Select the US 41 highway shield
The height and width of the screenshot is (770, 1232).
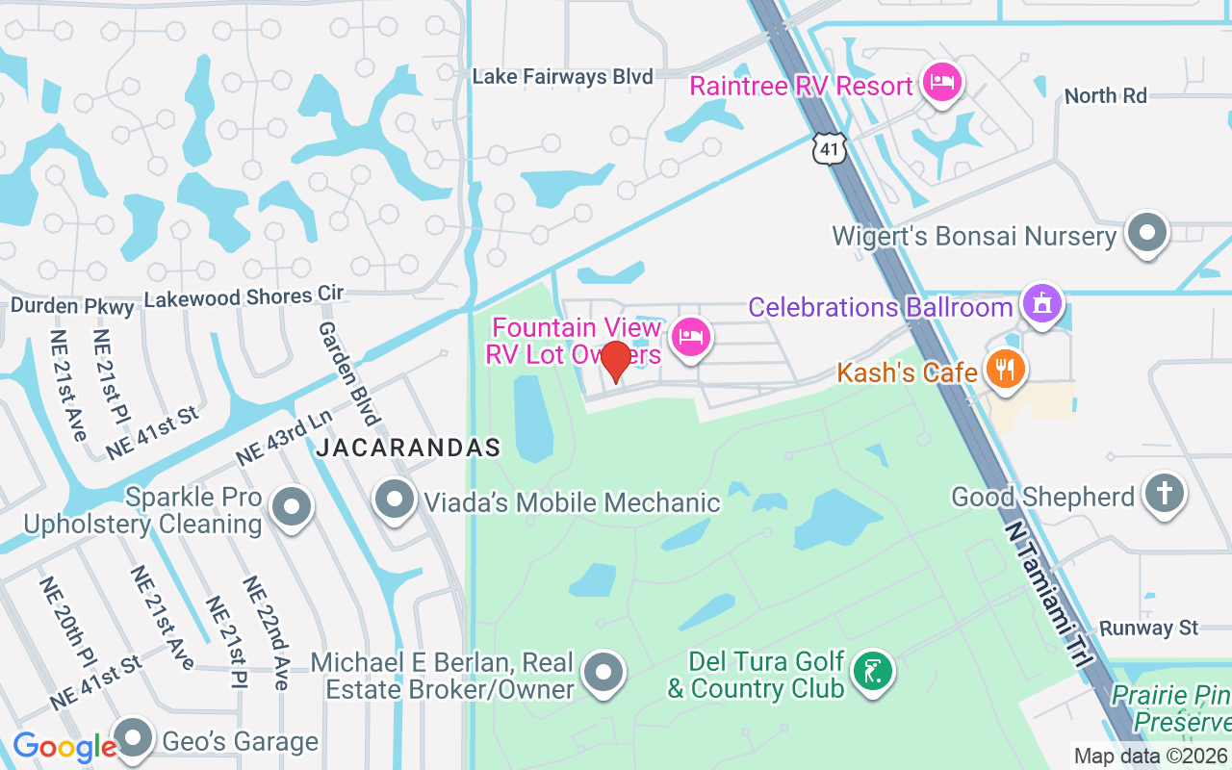pyautogui.click(x=829, y=148)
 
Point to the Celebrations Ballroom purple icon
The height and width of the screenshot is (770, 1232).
pyautogui.click(x=1041, y=304)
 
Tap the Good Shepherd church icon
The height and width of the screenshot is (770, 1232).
pyautogui.click(x=1164, y=495)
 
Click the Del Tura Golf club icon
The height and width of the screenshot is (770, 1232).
pyautogui.click(x=872, y=672)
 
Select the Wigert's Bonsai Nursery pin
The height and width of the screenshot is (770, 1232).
pyautogui.click(x=1146, y=233)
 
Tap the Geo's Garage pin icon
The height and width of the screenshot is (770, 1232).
pyautogui.click(x=135, y=739)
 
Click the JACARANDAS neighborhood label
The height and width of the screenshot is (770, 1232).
pyautogui.click(x=408, y=448)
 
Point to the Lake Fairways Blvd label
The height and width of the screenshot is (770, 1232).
pyautogui.click(x=562, y=76)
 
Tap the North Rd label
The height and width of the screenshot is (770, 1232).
pyautogui.click(x=1106, y=95)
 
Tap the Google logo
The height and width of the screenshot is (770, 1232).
pyautogui.click(x=64, y=746)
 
